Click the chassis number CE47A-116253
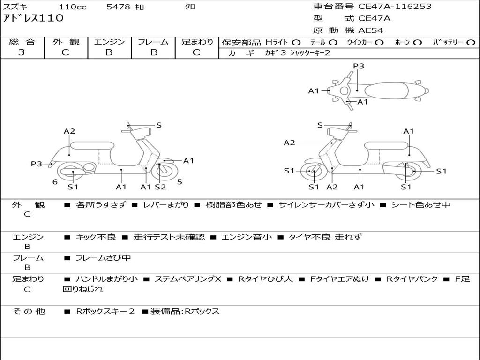click(x=395, y=7)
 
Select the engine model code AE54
click(x=371, y=30)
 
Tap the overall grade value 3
click(x=22, y=52)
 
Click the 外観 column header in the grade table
click(x=66, y=42)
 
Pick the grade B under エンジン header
click(x=109, y=52)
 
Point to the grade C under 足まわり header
click(x=196, y=52)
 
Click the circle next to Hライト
click(x=296, y=42)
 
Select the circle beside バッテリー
click(x=471, y=42)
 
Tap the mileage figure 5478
click(x=119, y=7)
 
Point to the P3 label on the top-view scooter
click(x=359, y=66)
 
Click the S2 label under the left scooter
click(x=160, y=187)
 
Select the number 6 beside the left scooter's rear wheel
click(x=55, y=182)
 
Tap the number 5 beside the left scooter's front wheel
click(x=180, y=182)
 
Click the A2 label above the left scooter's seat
click(x=69, y=131)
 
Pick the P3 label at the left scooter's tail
click(x=37, y=164)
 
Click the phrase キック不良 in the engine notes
click(x=96, y=237)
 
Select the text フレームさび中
click(x=103, y=258)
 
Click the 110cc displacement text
click(x=73, y=7)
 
